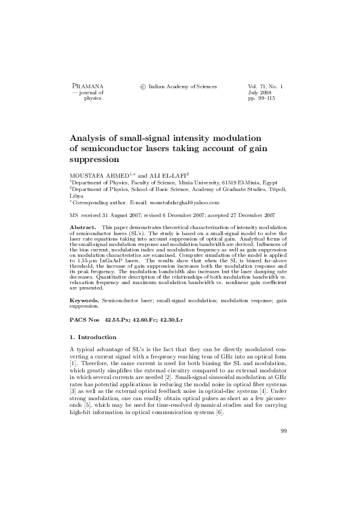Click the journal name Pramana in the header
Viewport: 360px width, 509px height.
click(x=88, y=87)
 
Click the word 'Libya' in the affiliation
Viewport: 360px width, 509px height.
click(x=77, y=196)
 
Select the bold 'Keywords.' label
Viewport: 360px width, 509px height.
click(x=84, y=299)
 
